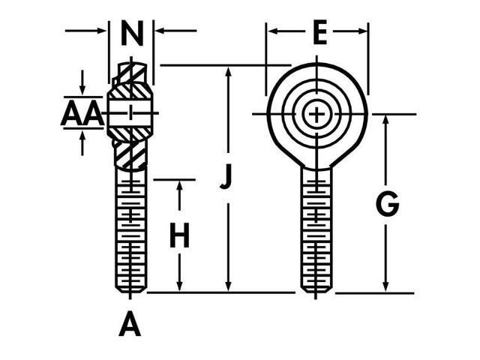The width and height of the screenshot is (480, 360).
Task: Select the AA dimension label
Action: [x=81, y=114]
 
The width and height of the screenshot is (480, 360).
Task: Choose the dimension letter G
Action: [x=387, y=204]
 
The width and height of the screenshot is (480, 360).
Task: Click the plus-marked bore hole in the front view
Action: [x=317, y=114]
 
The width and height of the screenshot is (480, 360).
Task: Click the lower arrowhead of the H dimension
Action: [x=179, y=286]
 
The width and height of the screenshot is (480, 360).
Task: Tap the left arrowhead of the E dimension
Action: [x=271, y=31]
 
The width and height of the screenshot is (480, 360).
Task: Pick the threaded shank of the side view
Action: [x=131, y=232]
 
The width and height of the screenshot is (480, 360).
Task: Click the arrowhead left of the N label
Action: [x=103, y=31]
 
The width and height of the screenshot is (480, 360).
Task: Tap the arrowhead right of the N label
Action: [x=159, y=31]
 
